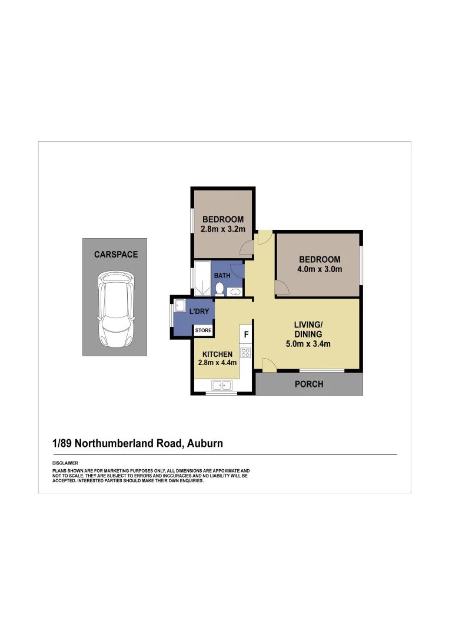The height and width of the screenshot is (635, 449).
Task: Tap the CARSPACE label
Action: click(x=116, y=255)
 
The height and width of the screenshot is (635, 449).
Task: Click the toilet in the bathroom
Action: click(x=219, y=289)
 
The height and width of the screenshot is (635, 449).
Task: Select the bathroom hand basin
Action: click(x=235, y=292)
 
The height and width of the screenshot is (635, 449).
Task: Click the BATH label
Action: click(x=222, y=275)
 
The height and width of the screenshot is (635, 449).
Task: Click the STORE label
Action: click(x=204, y=331)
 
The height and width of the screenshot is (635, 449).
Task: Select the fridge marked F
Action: click(x=246, y=335)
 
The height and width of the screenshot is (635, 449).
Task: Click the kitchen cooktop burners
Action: click(x=245, y=353)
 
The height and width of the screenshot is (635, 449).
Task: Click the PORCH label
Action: click(x=309, y=384)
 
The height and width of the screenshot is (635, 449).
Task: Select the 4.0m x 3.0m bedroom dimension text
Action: click(x=320, y=270)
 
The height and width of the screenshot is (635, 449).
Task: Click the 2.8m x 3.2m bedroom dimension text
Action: click(x=222, y=229)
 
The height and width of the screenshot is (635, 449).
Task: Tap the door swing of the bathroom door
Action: click(x=237, y=270)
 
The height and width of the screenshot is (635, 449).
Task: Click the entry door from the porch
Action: click(x=270, y=365)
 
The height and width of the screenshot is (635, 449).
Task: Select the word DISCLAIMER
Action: click(x=65, y=464)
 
